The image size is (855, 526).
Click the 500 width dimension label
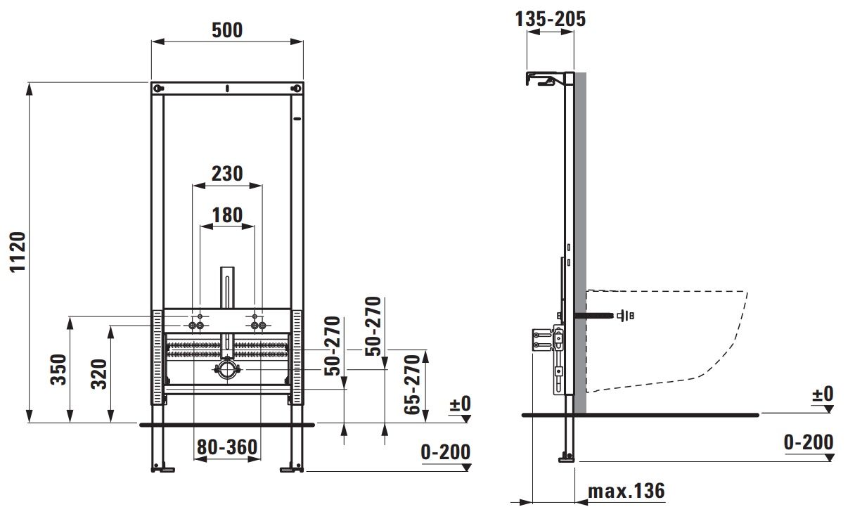coord(227,30)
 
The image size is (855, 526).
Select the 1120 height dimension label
coord(18,252)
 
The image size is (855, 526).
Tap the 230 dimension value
coord(227,174)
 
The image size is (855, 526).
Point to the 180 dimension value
coord(227,215)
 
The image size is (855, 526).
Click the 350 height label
coord(59,369)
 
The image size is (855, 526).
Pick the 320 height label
coord(99,374)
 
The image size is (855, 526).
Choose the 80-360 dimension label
coord(227,447)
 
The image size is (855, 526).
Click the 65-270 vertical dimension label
coord(412,385)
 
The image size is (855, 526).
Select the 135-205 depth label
coord(551,19)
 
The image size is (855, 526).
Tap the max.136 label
coord(626,491)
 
